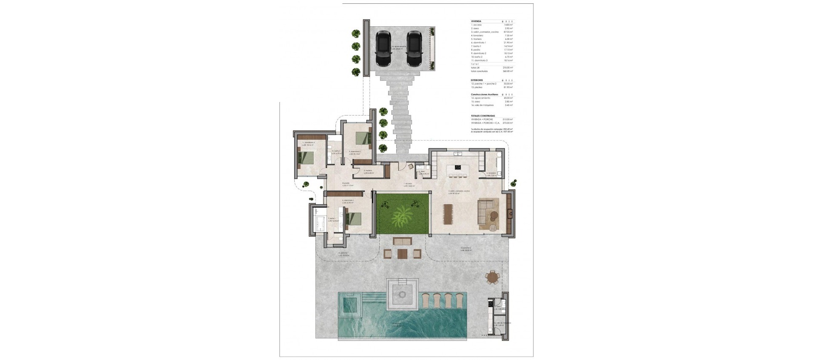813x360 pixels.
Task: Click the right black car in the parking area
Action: [x=414, y=49]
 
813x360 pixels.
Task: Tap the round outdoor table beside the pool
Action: [x=492, y=278]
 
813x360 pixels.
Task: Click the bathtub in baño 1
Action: [x=320, y=222]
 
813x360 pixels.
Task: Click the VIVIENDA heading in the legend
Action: [x=476, y=21]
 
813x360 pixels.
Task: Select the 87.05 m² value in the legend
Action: [x=508, y=32]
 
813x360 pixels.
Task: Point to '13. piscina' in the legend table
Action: [x=478, y=87]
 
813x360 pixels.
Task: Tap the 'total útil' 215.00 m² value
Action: [x=508, y=67]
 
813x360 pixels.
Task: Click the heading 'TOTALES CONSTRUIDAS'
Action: [x=482, y=116]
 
